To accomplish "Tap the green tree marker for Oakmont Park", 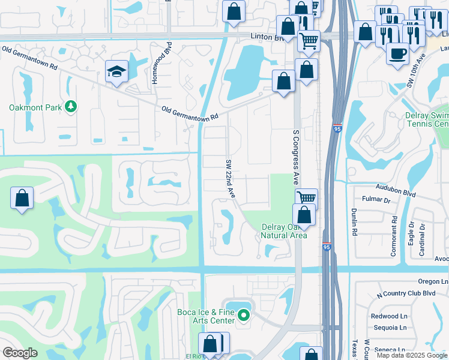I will point(71,107).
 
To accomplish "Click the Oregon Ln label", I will point(434,281).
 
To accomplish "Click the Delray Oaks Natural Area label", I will point(284,231).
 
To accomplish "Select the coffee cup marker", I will point(397,53).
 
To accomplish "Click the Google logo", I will point(20,353).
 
